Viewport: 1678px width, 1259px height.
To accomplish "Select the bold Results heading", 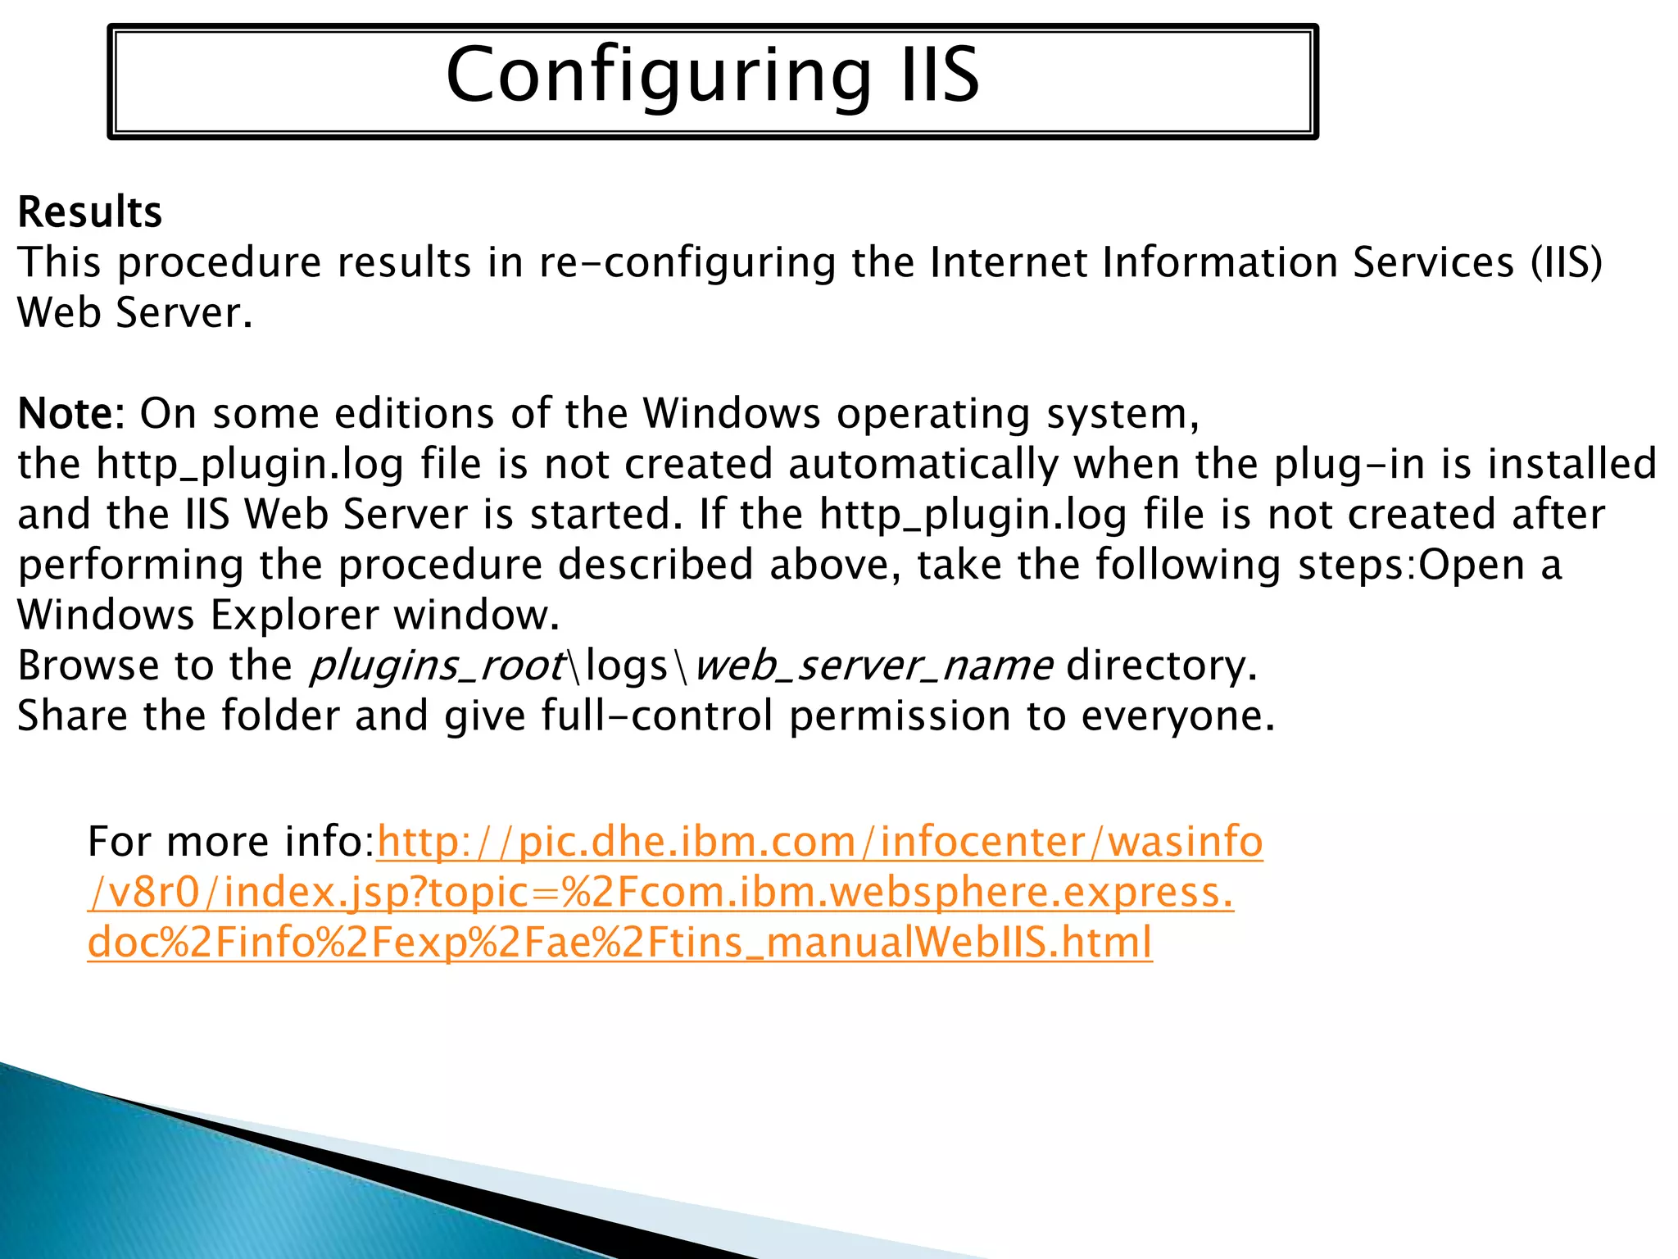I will point(90,212).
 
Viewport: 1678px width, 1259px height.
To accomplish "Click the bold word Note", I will point(67,413).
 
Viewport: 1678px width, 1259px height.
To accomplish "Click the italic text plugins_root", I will point(437,666).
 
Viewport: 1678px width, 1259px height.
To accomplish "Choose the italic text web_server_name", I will point(873,666).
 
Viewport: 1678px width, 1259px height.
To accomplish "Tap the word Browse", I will point(88,665).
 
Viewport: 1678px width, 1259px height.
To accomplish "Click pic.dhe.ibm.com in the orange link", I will point(687,842).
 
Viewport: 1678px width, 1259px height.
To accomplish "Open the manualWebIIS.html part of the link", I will point(959,943).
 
